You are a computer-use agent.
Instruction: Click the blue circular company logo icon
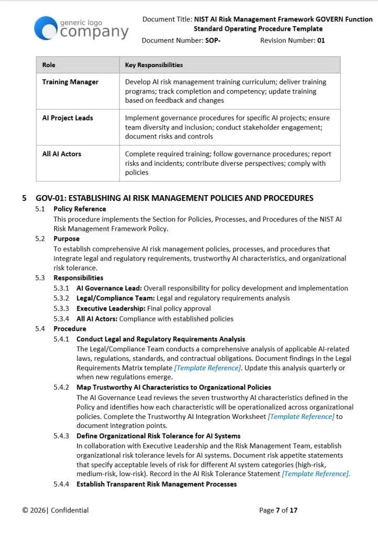pyautogui.click(x=46, y=28)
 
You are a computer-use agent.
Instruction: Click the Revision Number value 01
pyautogui.click(x=321, y=40)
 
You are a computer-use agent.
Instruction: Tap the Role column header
pyautogui.click(x=49, y=65)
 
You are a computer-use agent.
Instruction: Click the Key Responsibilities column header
pyautogui.click(x=154, y=65)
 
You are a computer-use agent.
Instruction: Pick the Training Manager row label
pyautogui.click(x=70, y=82)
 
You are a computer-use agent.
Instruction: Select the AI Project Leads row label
pyautogui.click(x=68, y=118)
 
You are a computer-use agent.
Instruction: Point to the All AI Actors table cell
pyautogui.click(x=62, y=154)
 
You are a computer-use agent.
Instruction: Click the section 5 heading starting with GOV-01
pyautogui.click(x=174, y=198)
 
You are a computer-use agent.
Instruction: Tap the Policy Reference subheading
pyautogui.click(x=80, y=209)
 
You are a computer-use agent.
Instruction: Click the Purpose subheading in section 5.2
pyautogui.click(x=66, y=239)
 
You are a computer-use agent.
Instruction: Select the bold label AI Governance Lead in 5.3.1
pyautogui.click(x=109, y=288)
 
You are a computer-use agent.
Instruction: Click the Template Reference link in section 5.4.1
pyautogui.click(x=207, y=368)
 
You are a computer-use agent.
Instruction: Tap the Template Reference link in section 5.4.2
pyautogui.click(x=301, y=416)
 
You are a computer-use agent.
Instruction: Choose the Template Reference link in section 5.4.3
pyautogui.click(x=316, y=474)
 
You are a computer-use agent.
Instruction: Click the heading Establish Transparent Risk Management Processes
pyautogui.click(x=157, y=484)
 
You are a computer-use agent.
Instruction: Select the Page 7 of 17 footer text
pyautogui.click(x=278, y=510)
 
